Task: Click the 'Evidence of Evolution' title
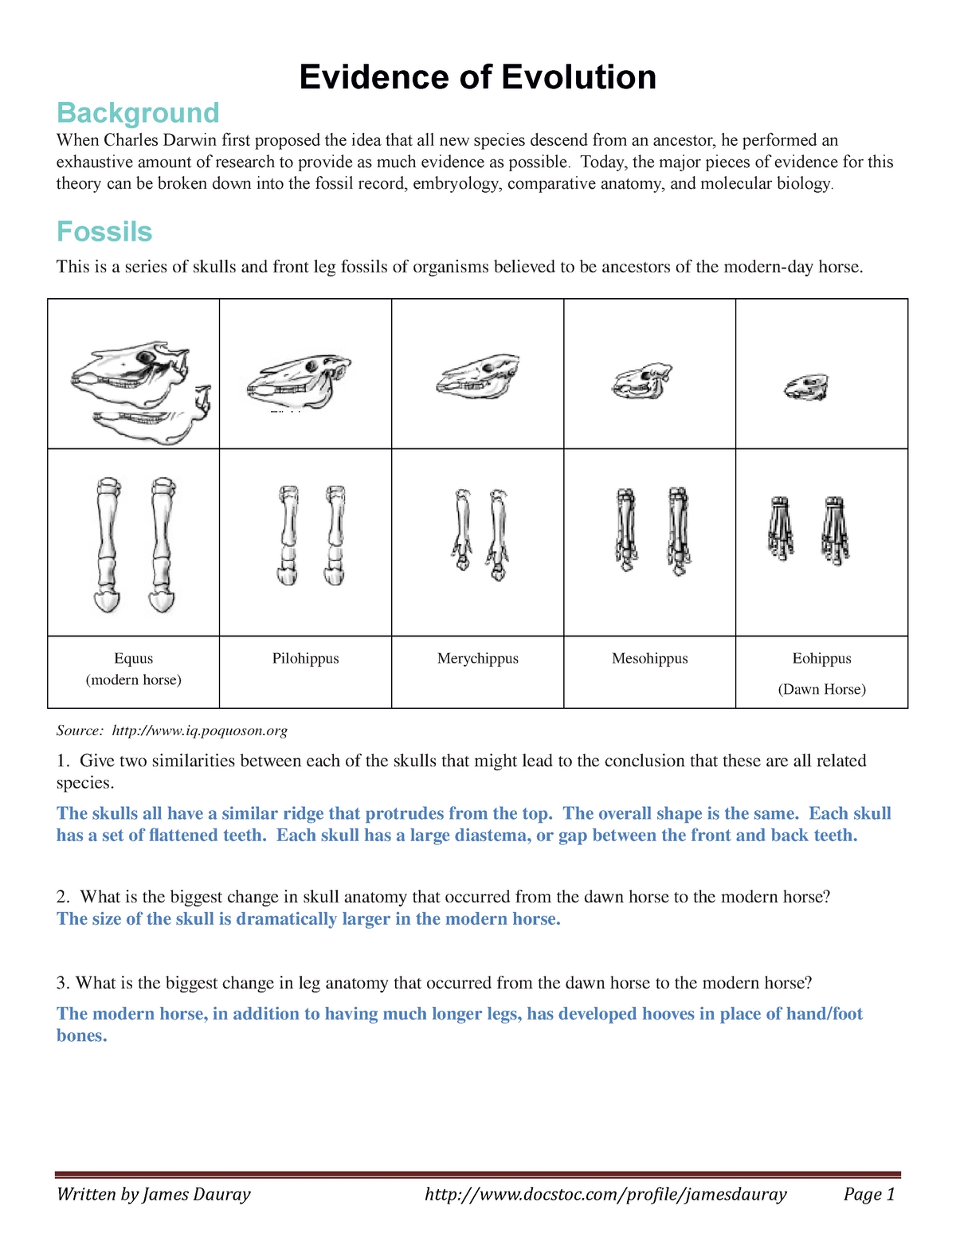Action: (x=477, y=77)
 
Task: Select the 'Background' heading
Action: (x=138, y=113)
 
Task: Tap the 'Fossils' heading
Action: (x=104, y=232)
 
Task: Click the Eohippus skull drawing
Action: (x=806, y=387)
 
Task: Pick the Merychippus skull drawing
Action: (x=478, y=376)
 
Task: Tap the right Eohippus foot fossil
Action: (x=835, y=530)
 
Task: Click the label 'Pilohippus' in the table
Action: (x=305, y=659)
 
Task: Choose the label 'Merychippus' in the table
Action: (x=477, y=659)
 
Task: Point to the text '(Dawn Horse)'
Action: (x=821, y=690)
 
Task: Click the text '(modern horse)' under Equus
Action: (x=134, y=680)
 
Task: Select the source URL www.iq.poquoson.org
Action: (x=199, y=730)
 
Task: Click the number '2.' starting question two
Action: (x=64, y=897)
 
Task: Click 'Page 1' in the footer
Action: (x=869, y=1194)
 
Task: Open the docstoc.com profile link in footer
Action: (x=605, y=1194)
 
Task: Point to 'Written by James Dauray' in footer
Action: (x=153, y=1194)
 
